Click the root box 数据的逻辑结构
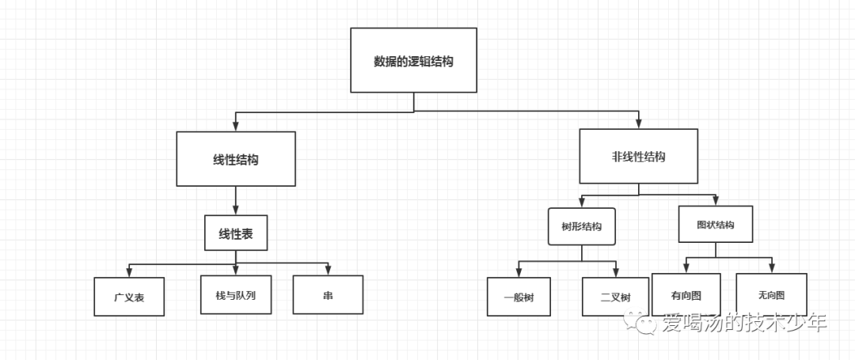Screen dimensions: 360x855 point(413,60)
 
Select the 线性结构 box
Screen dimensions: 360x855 point(236,159)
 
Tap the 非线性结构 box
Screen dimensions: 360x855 point(639,157)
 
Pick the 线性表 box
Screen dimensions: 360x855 point(236,233)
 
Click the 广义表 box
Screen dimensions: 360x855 point(128,297)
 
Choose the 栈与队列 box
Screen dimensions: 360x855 point(235,294)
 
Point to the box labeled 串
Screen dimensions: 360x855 point(328,294)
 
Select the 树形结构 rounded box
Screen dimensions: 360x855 point(582,226)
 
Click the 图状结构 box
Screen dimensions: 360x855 point(716,224)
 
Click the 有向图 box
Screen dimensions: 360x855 point(686,294)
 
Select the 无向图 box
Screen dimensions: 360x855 point(771,294)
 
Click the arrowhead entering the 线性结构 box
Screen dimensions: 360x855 point(236,127)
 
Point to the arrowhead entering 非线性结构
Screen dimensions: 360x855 point(639,125)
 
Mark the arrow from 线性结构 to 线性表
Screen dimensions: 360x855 point(236,200)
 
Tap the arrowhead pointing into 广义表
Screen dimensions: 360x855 point(128,273)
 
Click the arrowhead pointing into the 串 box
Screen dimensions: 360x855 point(328,271)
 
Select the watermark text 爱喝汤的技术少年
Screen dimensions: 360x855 point(743,323)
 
